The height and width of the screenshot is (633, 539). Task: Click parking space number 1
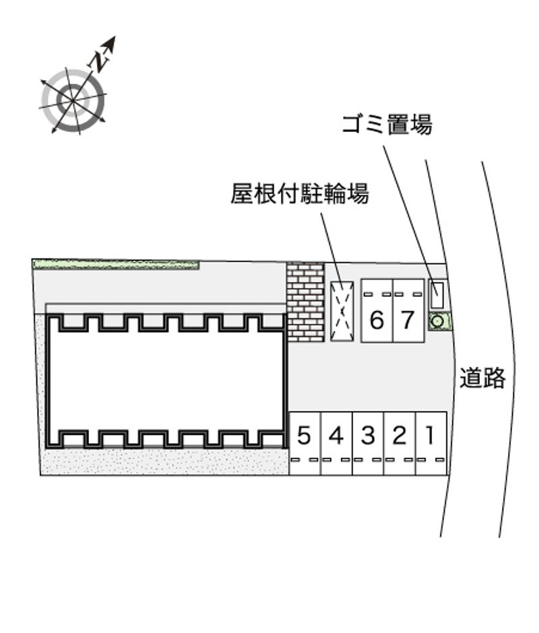click(431, 443)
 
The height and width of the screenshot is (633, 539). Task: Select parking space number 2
click(400, 443)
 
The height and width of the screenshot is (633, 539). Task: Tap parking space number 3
click(368, 443)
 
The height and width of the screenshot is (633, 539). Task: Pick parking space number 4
click(337, 443)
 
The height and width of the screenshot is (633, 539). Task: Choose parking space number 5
click(305, 443)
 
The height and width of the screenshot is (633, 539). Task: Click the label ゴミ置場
click(387, 124)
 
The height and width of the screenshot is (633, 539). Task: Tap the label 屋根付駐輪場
click(299, 193)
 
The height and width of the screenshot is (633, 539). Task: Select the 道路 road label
click(482, 378)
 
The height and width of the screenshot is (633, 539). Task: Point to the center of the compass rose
click(73, 99)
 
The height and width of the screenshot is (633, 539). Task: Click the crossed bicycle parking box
click(342, 311)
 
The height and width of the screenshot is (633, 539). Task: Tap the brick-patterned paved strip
click(305, 302)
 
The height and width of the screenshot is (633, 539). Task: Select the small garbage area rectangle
click(437, 295)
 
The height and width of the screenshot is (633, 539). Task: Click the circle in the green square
click(438, 322)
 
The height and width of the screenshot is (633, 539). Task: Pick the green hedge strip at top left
click(116, 265)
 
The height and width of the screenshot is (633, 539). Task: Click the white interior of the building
click(166, 382)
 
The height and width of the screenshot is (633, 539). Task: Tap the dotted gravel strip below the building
click(166, 461)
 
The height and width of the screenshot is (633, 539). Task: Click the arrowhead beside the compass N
click(110, 43)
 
